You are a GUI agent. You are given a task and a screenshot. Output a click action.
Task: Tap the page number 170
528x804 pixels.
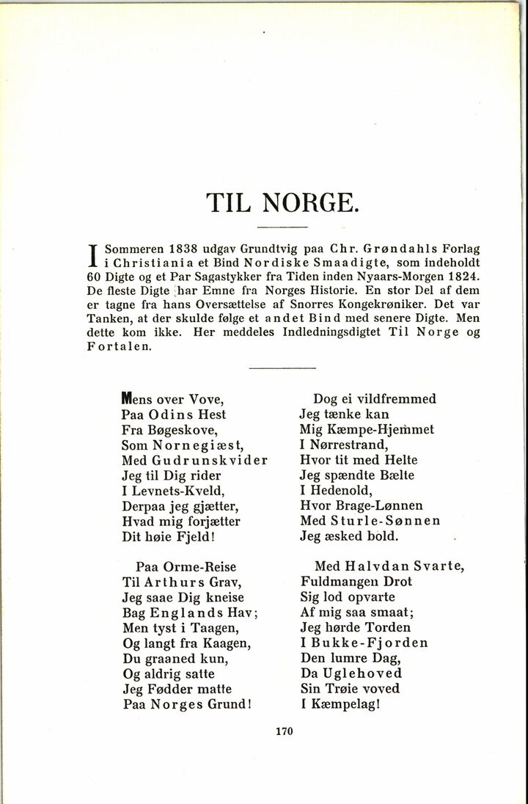click(285, 730)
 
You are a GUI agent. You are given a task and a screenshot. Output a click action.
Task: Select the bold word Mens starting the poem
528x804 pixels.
click(140, 399)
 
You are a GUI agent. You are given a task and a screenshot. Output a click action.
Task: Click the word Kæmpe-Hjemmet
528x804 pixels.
click(382, 430)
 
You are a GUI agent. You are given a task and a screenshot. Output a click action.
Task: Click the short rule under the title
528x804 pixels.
click(282, 227)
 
